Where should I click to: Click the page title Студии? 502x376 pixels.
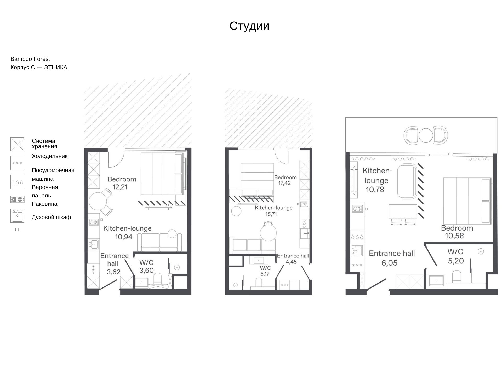[249, 26]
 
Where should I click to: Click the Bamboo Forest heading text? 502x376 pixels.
[30, 59]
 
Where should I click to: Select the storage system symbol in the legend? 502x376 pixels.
[17, 144]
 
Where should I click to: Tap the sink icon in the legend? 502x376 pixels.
[17, 216]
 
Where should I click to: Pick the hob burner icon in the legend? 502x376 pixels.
[17, 199]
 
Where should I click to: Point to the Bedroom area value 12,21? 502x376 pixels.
[120, 187]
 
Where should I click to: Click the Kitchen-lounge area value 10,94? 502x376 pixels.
[124, 237]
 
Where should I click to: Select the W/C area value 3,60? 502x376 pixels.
[146, 270]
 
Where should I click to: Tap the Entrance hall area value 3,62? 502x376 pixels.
[113, 272]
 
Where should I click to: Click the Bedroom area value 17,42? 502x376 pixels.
[284, 183]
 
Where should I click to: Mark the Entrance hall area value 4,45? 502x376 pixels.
[291, 262]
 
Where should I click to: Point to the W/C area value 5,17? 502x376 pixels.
[265, 274]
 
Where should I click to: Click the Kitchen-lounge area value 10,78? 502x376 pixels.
[375, 190]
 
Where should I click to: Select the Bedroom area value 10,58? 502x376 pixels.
[454, 236]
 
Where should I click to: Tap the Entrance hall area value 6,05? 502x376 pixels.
[389, 263]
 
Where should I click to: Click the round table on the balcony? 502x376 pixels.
[426, 135]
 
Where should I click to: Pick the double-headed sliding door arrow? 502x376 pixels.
[439, 155]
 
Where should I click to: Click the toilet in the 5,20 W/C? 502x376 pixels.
[457, 277]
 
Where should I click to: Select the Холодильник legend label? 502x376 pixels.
[50, 156]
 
